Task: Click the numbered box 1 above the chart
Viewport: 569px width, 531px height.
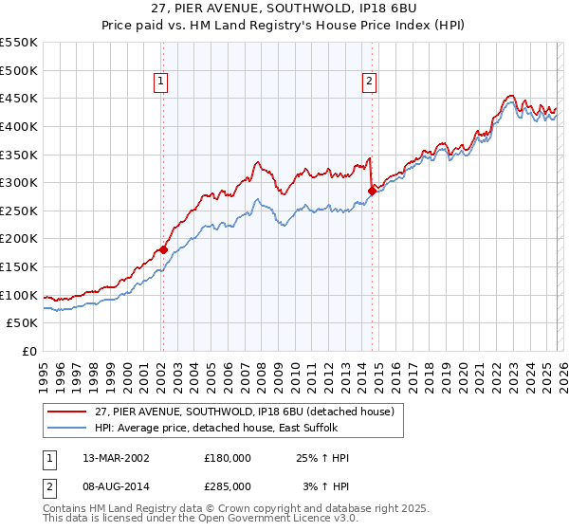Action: pyautogui.click(x=162, y=82)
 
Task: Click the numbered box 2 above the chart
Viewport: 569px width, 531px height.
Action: pyautogui.click(x=368, y=82)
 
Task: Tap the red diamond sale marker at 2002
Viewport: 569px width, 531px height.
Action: pyautogui.click(x=163, y=250)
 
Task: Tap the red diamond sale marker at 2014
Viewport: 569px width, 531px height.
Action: pyautogui.click(x=372, y=192)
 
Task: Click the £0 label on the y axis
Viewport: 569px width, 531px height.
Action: pyautogui.click(x=28, y=352)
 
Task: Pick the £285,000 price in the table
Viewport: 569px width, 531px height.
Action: pyautogui.click(x=228, y=485)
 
